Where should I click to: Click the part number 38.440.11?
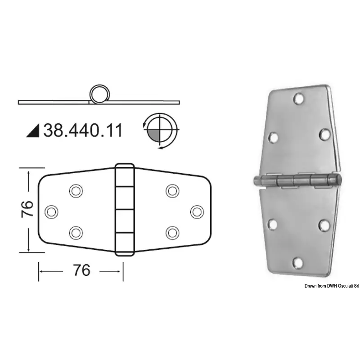click(x=83, y=130)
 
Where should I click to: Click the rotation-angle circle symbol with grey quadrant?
click(x=161, y=131)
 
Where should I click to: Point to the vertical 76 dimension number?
click(x=27, y=209)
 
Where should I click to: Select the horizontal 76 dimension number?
click(x=82, y=270)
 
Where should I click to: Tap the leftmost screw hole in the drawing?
click(x=51, y=211)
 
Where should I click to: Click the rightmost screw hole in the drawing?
click(x=197, y=211)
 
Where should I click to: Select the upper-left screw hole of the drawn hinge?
click(x=76, y=191)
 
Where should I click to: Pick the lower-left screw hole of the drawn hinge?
click(x=76, y=233)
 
